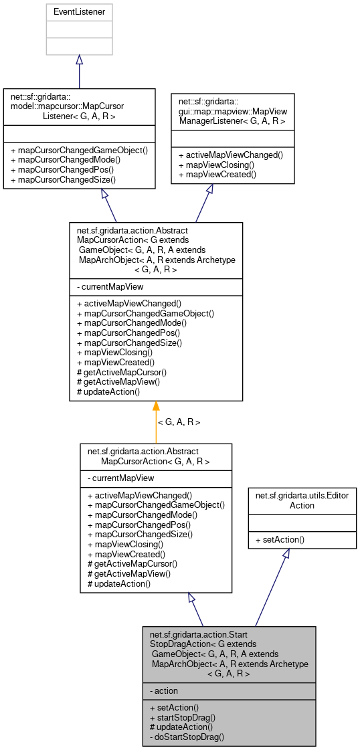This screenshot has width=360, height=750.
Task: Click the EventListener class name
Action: (x=79, y=12)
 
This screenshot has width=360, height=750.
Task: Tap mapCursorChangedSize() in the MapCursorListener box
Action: (x=62, y=179)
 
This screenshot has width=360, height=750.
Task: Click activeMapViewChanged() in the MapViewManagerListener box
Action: (x=231, y=155)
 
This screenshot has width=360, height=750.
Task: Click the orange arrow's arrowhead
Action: (x=156, y=405)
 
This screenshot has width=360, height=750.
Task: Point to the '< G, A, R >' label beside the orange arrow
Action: (x=179, y=422)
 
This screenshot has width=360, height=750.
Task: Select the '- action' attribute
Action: (x=164, y=690)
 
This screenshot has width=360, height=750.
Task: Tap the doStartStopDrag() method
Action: (x=187, y=737)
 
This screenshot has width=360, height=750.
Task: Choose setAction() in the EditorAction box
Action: (x=280, y=539)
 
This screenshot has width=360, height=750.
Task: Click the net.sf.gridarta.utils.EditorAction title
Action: (x=302, y=500)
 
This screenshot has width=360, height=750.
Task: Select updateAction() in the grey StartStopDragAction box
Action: (x=181, y=727)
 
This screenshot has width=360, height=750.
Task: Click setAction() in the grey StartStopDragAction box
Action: (x=175, y=707)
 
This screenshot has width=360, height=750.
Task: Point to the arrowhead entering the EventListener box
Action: (x=79, y=60)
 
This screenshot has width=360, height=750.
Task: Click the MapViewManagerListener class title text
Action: (x=232, y=107)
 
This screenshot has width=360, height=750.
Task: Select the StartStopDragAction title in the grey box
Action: (x=228, y=654)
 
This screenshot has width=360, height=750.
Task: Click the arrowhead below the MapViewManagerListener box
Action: (x=210, y=189)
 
